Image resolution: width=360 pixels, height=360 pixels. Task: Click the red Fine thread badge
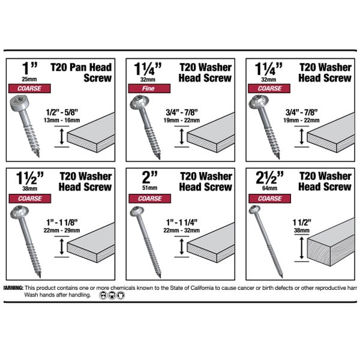pos(149,88)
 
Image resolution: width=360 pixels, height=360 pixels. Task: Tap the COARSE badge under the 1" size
pos(29,88)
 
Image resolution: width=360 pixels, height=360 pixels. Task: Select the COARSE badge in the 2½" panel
pos(269,199)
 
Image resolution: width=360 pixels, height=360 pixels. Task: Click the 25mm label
pos(29,79)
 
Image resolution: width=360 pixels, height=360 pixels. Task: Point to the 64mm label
pos(269,188)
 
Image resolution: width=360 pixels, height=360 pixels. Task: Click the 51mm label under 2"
pos(149,188)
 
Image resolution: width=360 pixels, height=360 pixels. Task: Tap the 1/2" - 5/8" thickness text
pos(62,112)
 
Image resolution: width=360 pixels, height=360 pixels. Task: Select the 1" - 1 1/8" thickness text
pos(62,222)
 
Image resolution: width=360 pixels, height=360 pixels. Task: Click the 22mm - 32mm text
pos(182,230)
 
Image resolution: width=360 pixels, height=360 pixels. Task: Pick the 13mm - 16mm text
pos(62,120)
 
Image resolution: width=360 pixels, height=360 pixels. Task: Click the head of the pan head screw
pos(19,104)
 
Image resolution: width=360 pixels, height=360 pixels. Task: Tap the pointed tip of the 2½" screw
pos(282,277)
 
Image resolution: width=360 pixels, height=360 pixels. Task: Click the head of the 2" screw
pos(137,211)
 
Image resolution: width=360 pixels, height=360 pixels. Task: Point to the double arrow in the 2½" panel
pos(302,248)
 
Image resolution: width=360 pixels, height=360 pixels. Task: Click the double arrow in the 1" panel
pos(62,137)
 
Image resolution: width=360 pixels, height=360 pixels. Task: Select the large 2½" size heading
pos(269,178)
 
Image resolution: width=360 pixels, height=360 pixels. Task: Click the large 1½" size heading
pos(30,178)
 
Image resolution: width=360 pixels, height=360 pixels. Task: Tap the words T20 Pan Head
pos(81,67)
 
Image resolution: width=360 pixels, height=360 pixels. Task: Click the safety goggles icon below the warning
pos(103,295)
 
